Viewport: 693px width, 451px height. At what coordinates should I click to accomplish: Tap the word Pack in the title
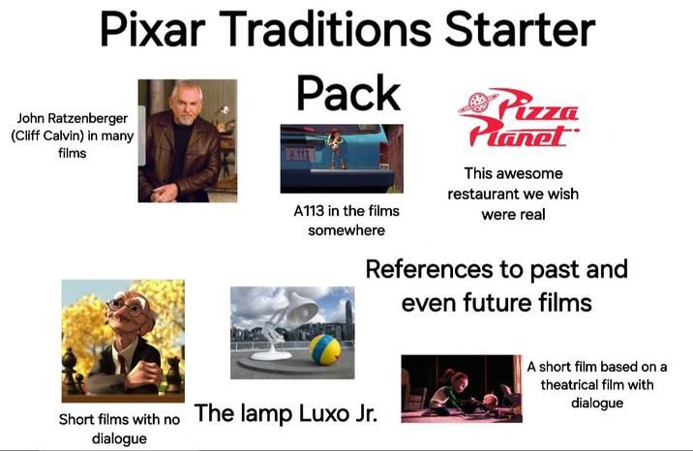tap(347, 93)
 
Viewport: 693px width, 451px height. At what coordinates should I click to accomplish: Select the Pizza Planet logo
tap(518, 120)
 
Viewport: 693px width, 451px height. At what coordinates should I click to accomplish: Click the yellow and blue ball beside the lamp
tap(323, 349)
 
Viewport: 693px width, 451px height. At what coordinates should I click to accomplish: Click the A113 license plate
tap(301, 154)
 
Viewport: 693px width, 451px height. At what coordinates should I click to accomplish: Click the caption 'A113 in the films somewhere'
tap(346, 221)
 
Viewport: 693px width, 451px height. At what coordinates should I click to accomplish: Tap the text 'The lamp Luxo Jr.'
tap(286, 413)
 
